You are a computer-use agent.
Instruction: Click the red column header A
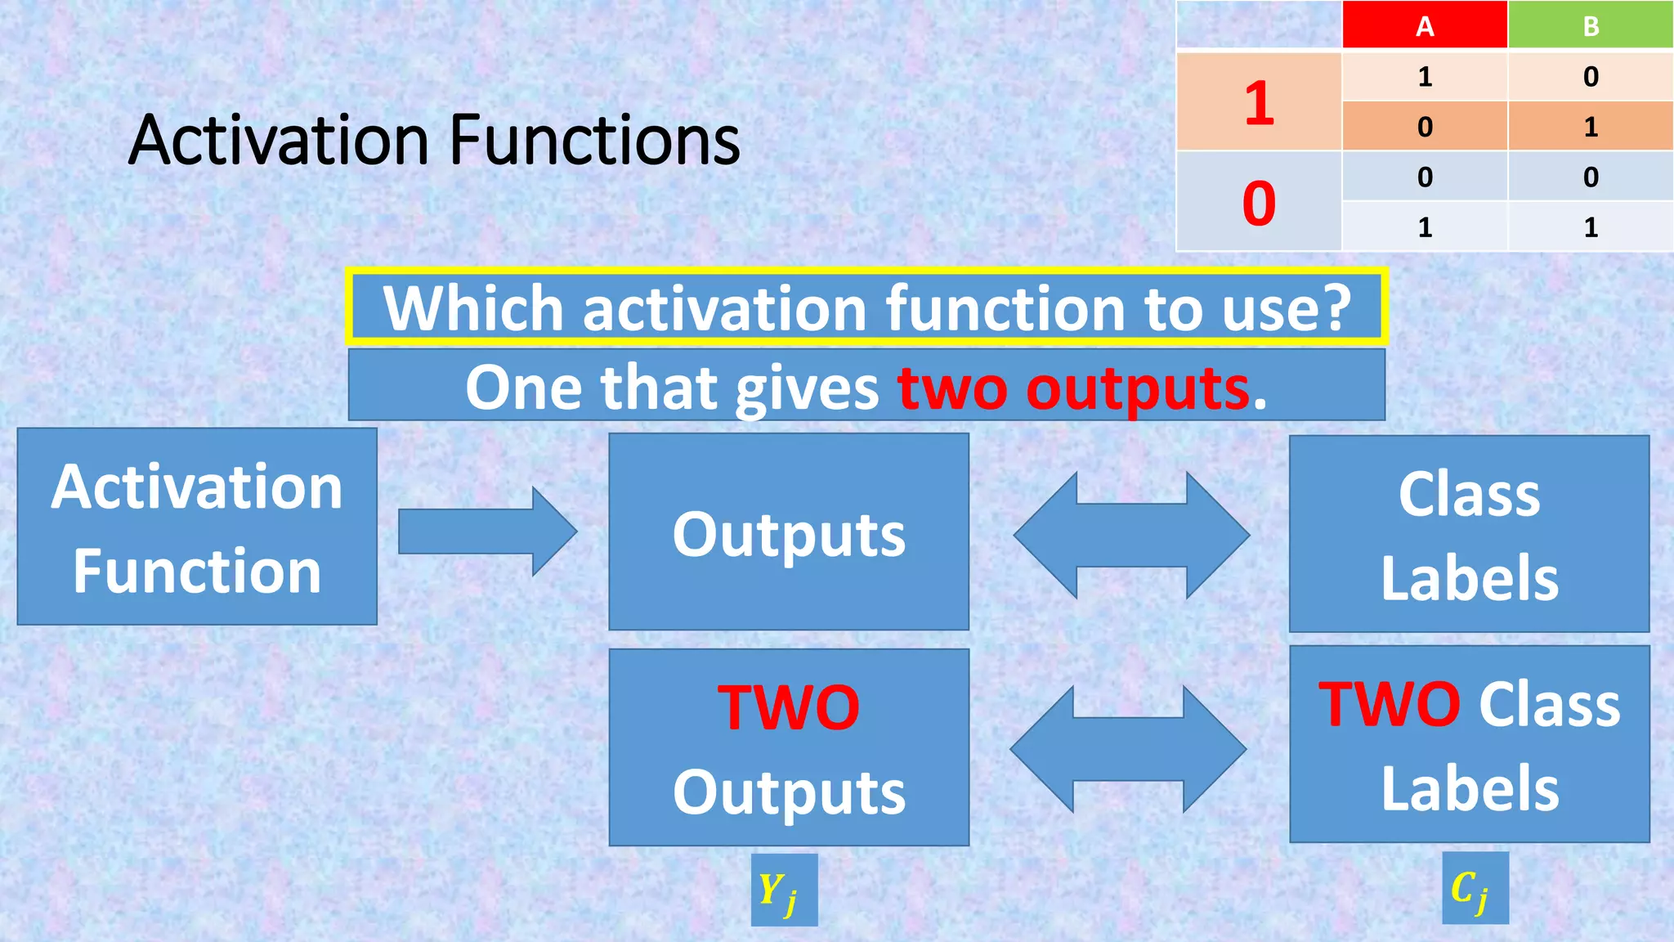pos(1424,25)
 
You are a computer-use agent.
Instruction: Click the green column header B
pos(1590,25)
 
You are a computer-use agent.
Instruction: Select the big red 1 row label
pos(1259,102)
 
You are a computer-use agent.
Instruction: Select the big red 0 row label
pos(1259,202)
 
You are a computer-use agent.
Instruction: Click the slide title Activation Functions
pos(434,140)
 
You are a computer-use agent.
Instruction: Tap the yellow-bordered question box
pos(866,307)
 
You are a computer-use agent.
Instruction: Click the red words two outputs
pos(1074,388)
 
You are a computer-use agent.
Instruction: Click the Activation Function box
pos(197,527)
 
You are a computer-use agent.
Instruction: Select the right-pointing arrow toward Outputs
pos(487,532)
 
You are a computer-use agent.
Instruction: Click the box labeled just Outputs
pos(789,532)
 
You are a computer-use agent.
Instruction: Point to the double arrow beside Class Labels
pos(1131,535)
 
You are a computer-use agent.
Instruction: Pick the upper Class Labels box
pos(1469,535)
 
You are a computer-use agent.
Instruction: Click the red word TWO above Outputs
pos(788,707)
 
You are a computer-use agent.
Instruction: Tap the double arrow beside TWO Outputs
pos(1128,748)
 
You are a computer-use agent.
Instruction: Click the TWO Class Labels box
pos(1469,745)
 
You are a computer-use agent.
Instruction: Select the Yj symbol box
pos(784,890)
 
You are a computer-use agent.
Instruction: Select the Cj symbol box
pos(1475,888)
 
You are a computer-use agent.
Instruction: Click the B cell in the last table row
pos(1590,227)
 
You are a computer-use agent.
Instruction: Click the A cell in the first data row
pos(1424,76)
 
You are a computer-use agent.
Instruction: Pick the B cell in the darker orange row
pos(1590,126)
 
